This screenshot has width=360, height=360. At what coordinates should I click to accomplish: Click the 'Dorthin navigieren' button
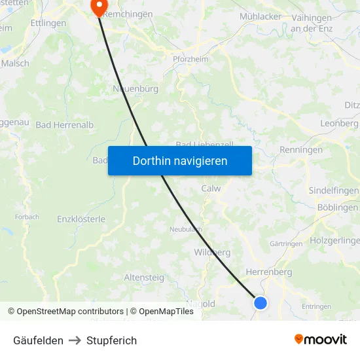pyautogui.click(x=180, y=160)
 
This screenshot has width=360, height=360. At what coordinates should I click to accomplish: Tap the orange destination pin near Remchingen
pyautogui.click(x=99, y=7)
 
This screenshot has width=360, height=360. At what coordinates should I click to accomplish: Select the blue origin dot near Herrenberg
pyautogui.click(x=261, y=302)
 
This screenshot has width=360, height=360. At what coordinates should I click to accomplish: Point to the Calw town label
pyautogui.click(x=211, y=189)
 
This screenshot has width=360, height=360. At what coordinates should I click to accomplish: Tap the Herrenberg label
pyautogui.click(x=268, y=272)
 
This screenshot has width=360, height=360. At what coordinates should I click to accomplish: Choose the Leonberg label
pyautogui.click(x=339, y=123)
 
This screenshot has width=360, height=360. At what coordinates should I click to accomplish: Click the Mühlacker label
pyautogui.click(x=261, y=16)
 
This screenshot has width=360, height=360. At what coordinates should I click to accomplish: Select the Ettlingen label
pyautogui.click(x=48, y=23)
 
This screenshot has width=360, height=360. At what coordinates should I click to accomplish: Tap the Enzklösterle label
pyautogui.click(x=81, y=219)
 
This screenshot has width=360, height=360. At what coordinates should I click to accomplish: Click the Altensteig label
pyautogui.click(x=144, y=278)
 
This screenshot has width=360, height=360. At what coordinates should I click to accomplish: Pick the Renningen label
pyautogui.click(x=301, y=150)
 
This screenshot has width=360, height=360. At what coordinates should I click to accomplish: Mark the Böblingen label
pyautogui.click(x=337, y=207)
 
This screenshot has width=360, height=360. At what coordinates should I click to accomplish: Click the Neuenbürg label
pyautogui.click(x=136, y=88)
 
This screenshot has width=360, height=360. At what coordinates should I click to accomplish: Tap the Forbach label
pyautogui.click(x=27, y=217)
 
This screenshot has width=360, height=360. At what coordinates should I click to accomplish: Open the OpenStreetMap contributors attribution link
pyautogui.click(x=70, y=312)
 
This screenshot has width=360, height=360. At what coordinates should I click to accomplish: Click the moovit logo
pyautogui.click(x=321, y=340)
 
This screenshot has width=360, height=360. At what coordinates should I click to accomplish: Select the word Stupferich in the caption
pyautogui.click(x=112, y=340)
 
